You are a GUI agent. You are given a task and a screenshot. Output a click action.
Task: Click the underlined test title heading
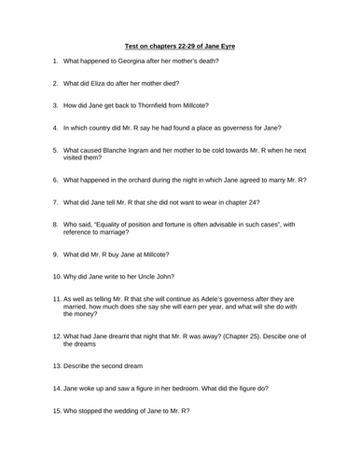180,44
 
